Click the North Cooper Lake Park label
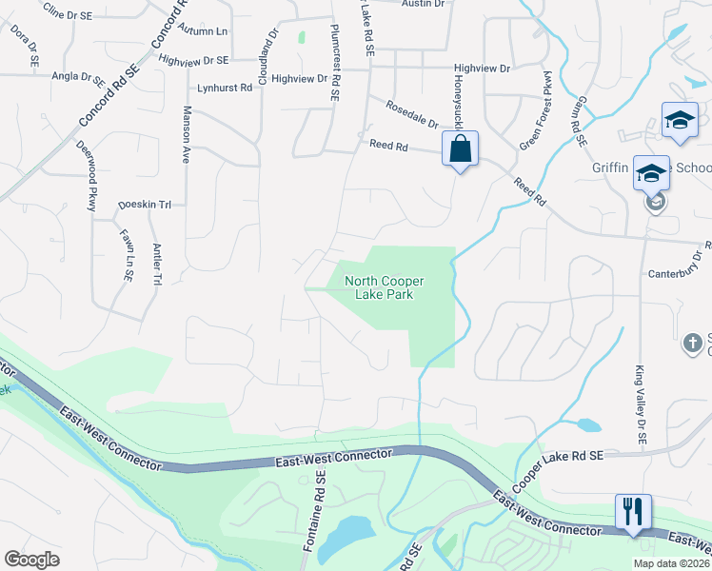(x=384, y=287)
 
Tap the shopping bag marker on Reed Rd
(x=460, y=149)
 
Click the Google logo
(x=31, y=560)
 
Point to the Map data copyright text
(x=672, y=563)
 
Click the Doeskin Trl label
(x=144, y=205)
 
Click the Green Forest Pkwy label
(x=535, y=109)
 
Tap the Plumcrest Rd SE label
(x=334, y=63)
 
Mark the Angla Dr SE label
(x=78, y=75)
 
